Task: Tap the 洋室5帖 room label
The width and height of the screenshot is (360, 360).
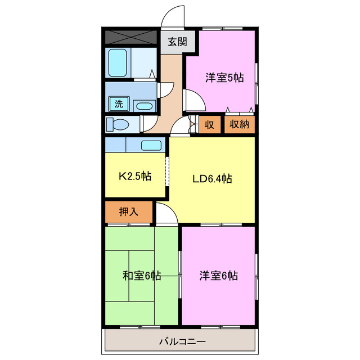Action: coord(224,78)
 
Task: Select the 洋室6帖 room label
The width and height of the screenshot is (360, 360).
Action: coord(218,276)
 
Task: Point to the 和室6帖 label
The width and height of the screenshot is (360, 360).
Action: coord(142,276)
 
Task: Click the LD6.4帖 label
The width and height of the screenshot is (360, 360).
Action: coord(213,179)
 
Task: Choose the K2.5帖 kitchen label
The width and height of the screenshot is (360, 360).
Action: coord(134,176)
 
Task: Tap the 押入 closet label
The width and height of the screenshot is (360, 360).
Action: coord(129,212)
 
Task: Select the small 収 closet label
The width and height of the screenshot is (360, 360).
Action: coord(209,124)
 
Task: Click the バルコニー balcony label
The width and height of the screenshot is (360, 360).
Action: coord(182,341)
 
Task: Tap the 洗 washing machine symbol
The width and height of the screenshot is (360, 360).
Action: coord(119,104)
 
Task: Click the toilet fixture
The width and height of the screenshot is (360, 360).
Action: coord(119,124)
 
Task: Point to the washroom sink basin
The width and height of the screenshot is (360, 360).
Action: coord(145,105)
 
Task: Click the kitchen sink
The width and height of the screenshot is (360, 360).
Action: coord(151,145)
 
